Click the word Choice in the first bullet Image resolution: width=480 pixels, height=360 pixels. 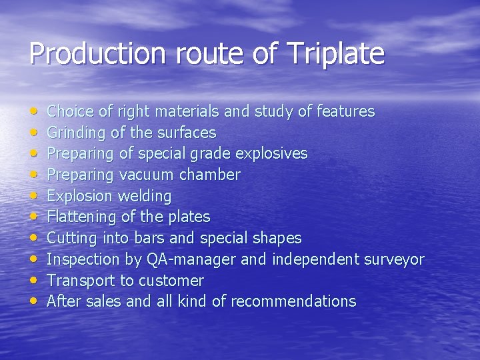tap(71, 111)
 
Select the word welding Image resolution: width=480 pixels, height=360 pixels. tap(145, 196)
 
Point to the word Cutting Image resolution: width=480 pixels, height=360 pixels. tap(73, 238)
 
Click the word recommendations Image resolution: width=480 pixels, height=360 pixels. tap(294, 301)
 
